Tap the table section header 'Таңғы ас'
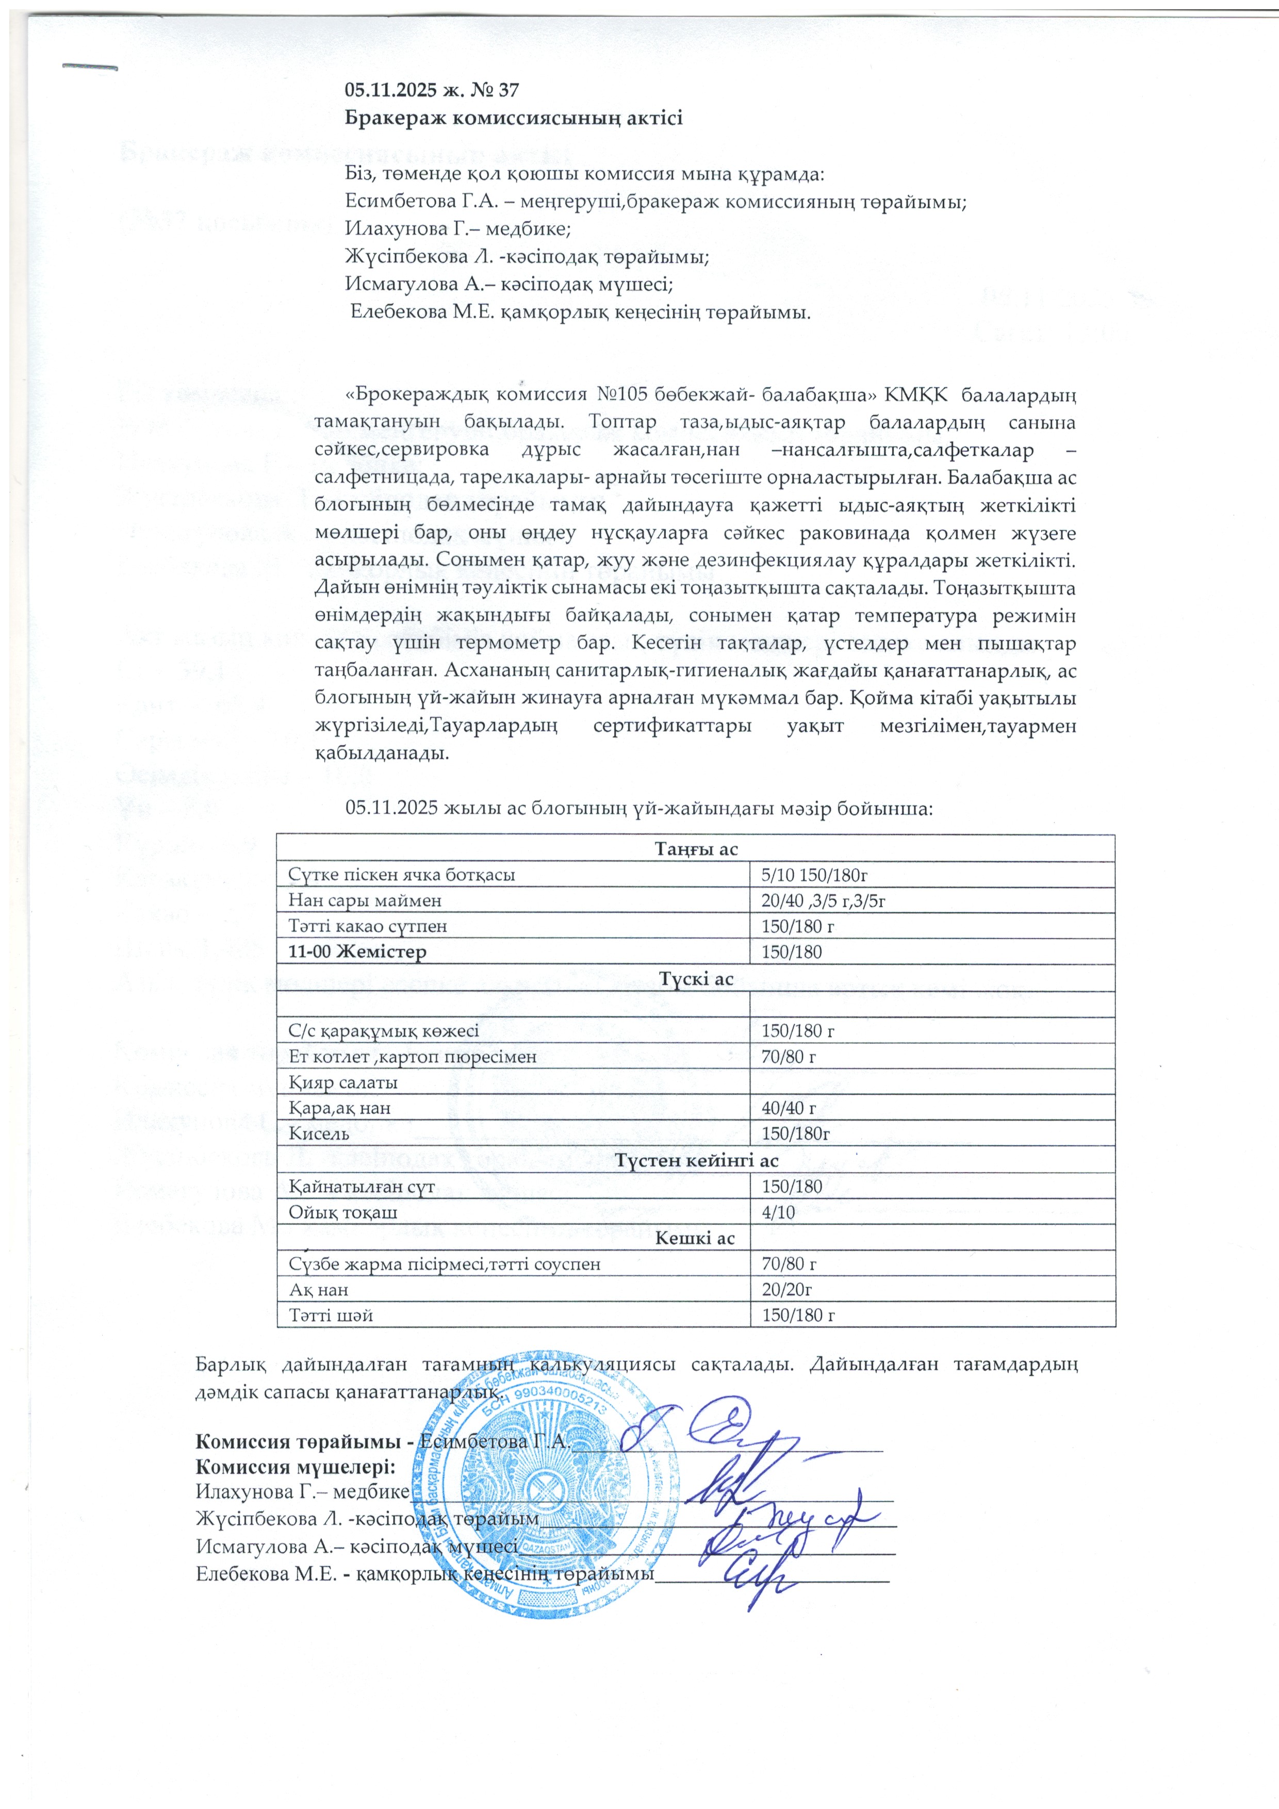[696, 849]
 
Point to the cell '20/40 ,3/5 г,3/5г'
[824, 900]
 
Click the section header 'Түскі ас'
[696, 979]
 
